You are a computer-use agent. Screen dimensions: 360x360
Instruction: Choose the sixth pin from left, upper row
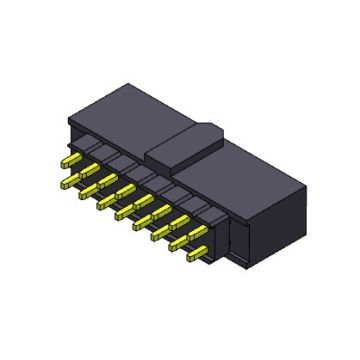point(158,207)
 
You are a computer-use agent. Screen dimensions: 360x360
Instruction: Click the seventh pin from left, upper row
point(176,217)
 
